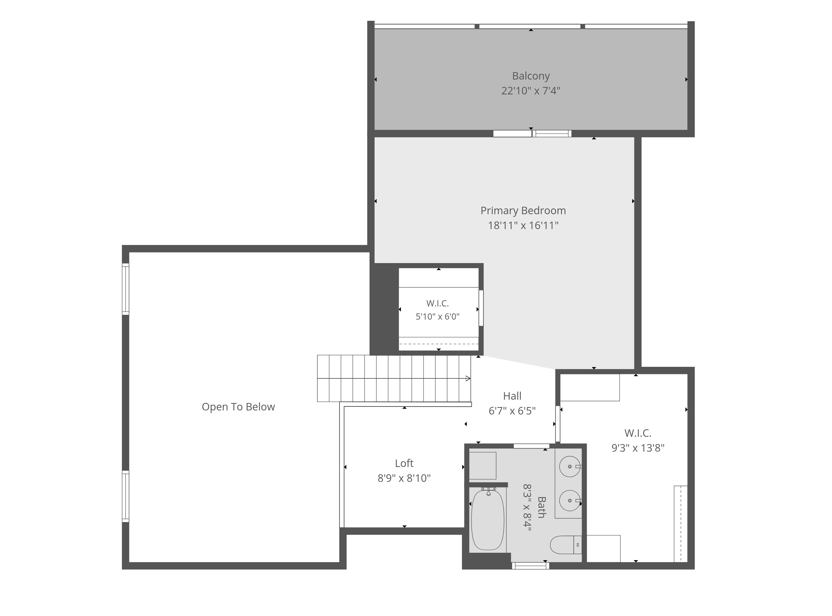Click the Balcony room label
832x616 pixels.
pos(531,76)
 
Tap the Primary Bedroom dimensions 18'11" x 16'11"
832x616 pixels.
pos(523,225)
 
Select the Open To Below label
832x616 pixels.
pos(238,407)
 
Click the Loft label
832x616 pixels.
pos(404,463)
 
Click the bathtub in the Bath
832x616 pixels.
pos(488,520)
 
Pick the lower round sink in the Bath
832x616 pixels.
pos(570,501)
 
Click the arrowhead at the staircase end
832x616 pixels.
pos(468,379)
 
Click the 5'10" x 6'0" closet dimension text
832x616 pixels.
pos(438,317)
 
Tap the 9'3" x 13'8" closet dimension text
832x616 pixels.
pos(638,448)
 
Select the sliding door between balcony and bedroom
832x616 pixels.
pos(532,133)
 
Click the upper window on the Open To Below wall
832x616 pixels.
pos(126,289)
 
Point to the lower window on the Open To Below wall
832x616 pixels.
pos(126,496)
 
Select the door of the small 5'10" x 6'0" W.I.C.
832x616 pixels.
pos(481,308)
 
